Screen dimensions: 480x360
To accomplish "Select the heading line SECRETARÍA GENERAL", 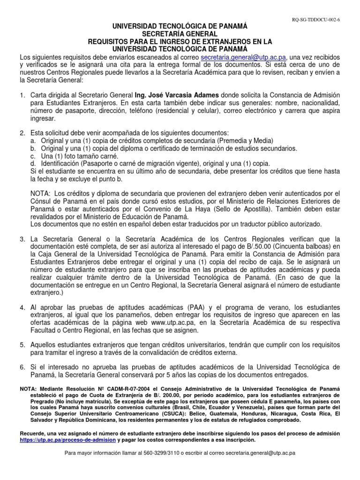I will click(180, 34).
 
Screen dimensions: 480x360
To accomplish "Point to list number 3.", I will click(22, 239).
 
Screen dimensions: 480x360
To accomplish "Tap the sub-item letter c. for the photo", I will click(32, 156).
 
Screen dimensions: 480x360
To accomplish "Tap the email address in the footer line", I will click(260, 454).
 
